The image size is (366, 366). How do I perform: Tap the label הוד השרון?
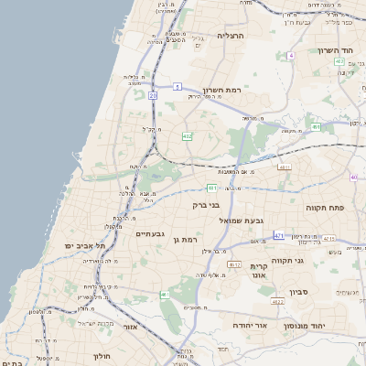pos(335,51)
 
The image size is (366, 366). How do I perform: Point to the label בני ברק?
pos(207,206)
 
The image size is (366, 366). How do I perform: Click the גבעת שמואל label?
pos(241,221)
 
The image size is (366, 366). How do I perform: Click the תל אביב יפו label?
pos(85,246)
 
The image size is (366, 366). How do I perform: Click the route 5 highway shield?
pos(175,86)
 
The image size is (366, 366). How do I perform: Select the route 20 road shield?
pos(153,95)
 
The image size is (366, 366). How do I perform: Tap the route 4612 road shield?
pos(234,264)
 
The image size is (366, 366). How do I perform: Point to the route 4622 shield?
pos(277,300)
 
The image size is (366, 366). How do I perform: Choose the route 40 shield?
pos(353,177)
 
